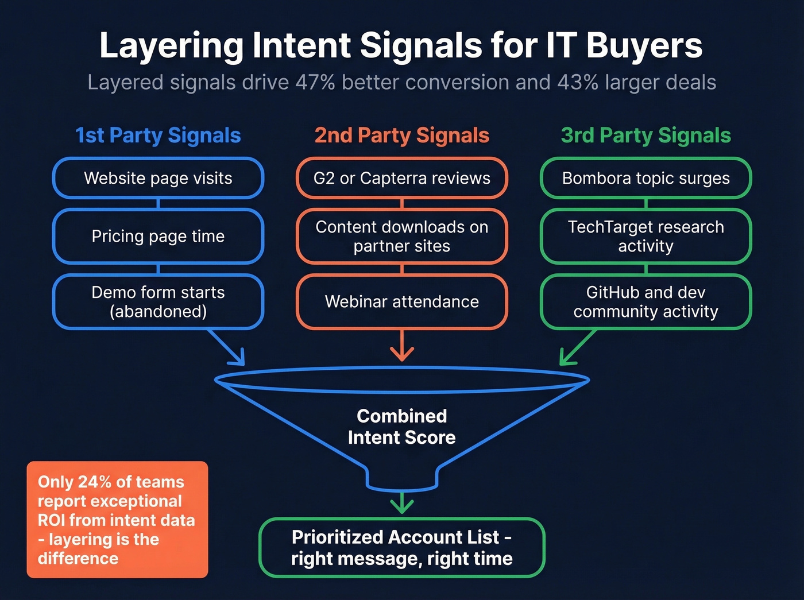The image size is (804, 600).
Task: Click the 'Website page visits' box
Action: [158, 178]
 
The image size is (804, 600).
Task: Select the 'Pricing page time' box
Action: [158, 236]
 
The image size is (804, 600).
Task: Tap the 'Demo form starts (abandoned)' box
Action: [158, 302]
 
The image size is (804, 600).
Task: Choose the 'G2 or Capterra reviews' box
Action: [402, 178]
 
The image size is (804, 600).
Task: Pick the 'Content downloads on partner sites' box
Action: [402, 236]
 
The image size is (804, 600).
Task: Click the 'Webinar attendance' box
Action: [402, 302]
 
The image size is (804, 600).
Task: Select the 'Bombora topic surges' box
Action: [645, 178]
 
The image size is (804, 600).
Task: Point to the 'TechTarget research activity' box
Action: [645, 236]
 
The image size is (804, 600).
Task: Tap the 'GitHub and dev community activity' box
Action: [645, 302]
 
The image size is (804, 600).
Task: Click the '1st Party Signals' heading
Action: [158, 136]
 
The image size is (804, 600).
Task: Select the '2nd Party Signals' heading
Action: [402, 136]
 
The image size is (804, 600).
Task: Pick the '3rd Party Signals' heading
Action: [645, 136]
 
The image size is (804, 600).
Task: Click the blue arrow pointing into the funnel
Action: [228, 348]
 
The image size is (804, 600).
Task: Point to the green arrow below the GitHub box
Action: [576, 348]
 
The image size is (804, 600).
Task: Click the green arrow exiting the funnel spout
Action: [402, 504]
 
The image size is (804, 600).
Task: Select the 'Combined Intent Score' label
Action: [402, 427]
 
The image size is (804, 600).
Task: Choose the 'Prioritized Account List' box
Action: [402, 548]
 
